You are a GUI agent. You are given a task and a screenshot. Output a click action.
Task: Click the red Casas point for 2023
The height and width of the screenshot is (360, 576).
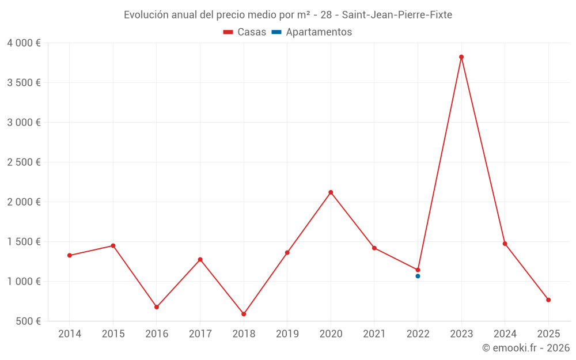[x=461, y=57]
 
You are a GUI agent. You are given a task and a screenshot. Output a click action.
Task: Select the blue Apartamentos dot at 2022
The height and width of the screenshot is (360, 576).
[x=418, y=276]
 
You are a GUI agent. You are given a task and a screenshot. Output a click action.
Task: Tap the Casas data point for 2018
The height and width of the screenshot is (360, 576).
[x=244, y=314]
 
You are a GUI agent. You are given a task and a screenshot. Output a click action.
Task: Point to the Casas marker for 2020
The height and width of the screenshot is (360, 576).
[x=331, y=192]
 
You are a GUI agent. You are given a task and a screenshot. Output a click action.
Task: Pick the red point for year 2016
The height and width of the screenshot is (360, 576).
[x=157, y=307]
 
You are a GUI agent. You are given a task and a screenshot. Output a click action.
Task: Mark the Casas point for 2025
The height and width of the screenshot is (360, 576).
[x=548, y=300]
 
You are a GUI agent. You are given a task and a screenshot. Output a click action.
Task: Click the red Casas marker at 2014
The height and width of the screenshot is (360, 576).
[x=70, y=255]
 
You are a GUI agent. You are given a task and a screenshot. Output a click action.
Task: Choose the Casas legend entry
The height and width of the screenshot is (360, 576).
[x=245, y=32]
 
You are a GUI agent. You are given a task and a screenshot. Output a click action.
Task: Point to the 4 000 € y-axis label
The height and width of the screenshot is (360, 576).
[x=24, y=43]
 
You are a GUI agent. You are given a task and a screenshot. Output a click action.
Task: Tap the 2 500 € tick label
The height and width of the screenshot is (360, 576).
[x=24, y=162]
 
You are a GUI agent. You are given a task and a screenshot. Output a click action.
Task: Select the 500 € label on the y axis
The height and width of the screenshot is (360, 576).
[x=27, y=321]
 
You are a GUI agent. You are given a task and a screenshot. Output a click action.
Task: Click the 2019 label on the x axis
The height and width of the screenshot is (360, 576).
[x=287, y=334]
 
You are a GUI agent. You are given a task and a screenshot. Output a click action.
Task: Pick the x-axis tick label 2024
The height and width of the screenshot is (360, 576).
[x=505, y=334]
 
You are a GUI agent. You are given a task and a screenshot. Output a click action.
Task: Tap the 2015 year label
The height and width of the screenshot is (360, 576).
[x=113, y=334]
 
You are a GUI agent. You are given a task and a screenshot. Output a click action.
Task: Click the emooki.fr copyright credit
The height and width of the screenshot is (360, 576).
[x=525, y=348]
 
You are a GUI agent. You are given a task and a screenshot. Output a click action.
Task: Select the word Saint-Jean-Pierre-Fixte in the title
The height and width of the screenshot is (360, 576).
[x=397, y=15]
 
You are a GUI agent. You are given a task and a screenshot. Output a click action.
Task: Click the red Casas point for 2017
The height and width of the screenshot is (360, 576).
[x=200, y=260]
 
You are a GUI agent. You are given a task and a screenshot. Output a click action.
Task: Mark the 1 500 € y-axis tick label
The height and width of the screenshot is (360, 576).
[x=24, y=242]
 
